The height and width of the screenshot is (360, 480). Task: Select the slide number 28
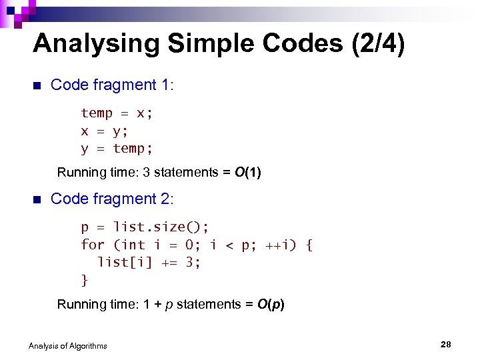coord(446,344)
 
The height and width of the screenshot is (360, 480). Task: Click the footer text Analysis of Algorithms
coord(68,345)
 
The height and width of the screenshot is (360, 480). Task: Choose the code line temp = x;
coord(117,113)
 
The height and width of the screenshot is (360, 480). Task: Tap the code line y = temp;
coord(117,148)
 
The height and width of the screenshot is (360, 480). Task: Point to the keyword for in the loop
coord(93,245)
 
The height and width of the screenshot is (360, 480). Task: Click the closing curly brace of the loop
coord(85,280)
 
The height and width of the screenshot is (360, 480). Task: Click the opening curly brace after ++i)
coord(308,245)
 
